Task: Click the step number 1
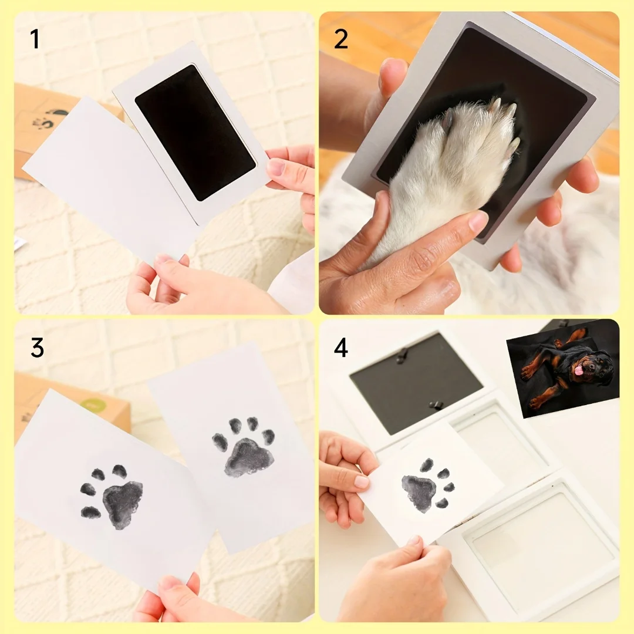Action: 35,39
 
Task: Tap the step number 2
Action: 341,39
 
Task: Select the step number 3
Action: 37,348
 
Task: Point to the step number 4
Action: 341,348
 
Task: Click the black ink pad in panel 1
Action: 195,133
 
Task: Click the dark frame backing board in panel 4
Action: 416,382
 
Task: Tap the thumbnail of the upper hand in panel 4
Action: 361,481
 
